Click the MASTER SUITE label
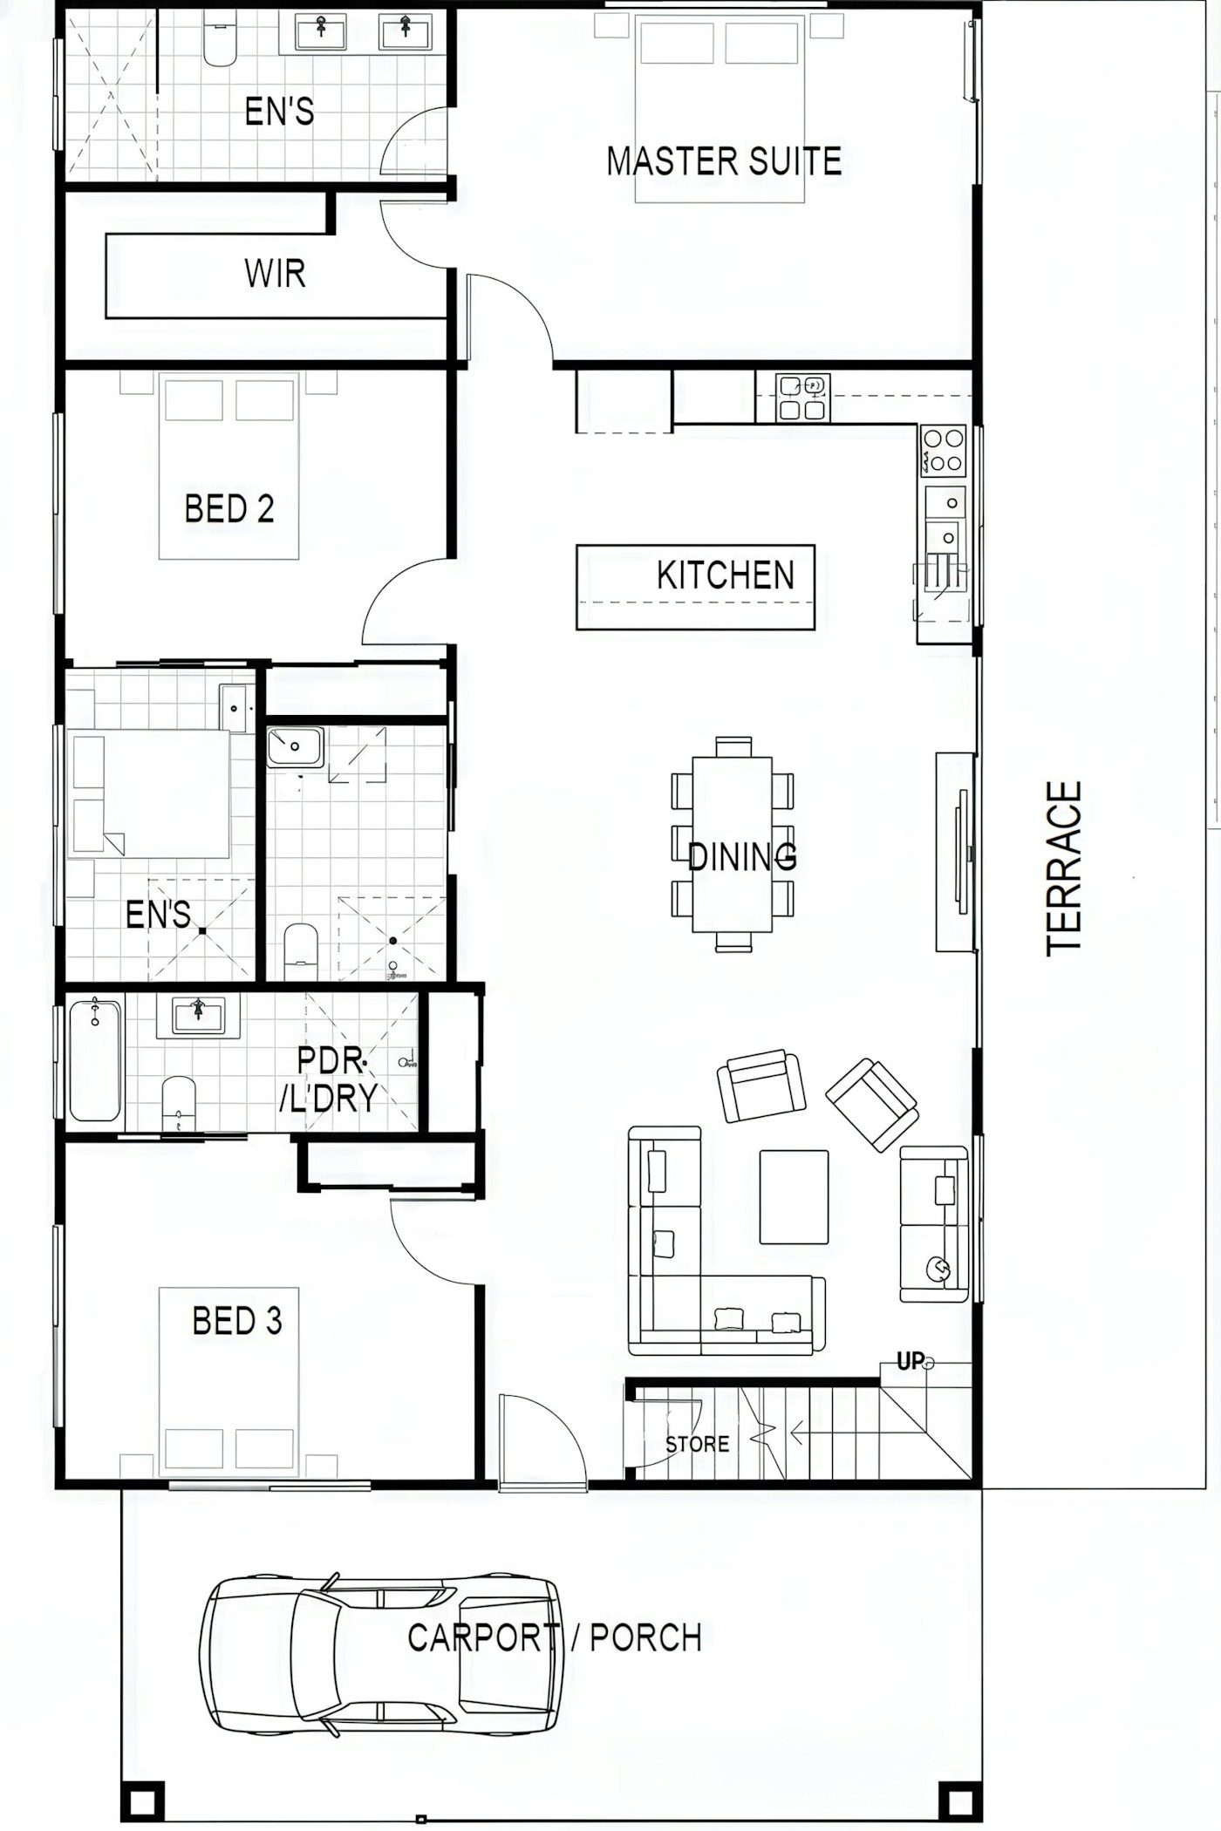(x=724, y=161)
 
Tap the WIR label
(x=275, y=274)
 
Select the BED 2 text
(x=229, y=508)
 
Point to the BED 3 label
(x=237, y=1321)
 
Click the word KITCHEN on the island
(x=726, y=575)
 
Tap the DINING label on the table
(x=742, y=857)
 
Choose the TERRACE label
(x=1064, y=868)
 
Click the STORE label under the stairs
(x=697, y=1444)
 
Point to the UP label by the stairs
(x=910, y=1361)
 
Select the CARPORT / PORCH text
(x=555, y=1638)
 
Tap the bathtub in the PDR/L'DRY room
(x=95, y=1060)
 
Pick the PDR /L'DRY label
(x=329, y=1079)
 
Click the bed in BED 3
(x=229, y=1382)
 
